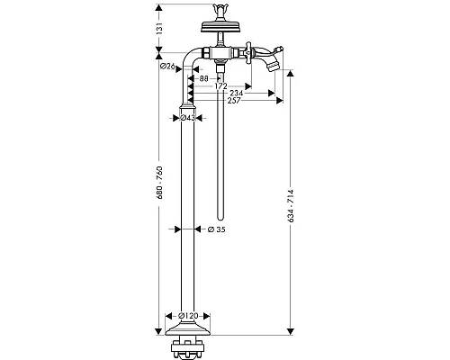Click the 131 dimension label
point(159,28)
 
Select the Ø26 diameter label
point(167,67)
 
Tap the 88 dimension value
point(203,78)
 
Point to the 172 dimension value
point(221,86)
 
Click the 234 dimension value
point(237,94)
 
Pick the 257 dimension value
point(234,101)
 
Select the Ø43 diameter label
point(187,118)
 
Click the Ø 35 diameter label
point(216,229)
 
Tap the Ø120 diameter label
point(188,316)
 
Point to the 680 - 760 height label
point(159,183)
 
